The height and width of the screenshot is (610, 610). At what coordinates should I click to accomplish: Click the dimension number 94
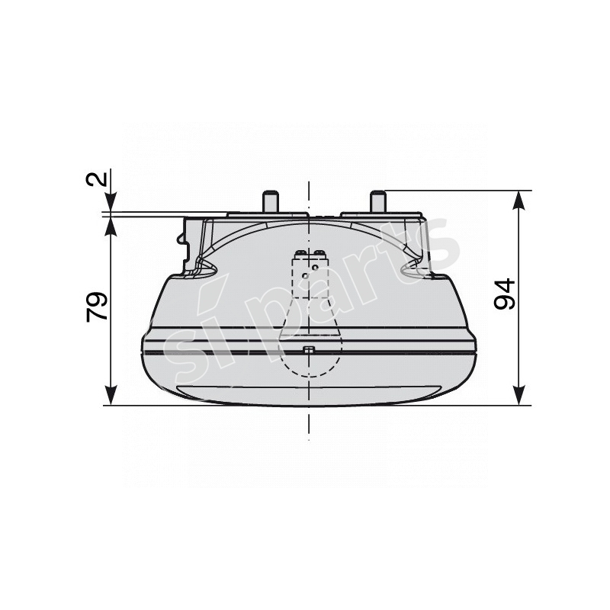505,294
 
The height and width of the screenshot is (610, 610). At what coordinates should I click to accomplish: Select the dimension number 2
97,180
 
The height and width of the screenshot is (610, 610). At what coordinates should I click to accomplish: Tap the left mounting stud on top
269,202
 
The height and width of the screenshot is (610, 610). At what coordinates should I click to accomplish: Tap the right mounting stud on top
376,202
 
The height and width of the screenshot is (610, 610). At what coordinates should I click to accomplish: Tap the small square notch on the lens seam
308,350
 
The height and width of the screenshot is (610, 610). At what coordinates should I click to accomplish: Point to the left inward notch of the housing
204,266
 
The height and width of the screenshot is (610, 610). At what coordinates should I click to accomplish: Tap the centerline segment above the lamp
309,195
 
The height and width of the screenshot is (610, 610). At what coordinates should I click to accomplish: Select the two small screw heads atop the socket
309,252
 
